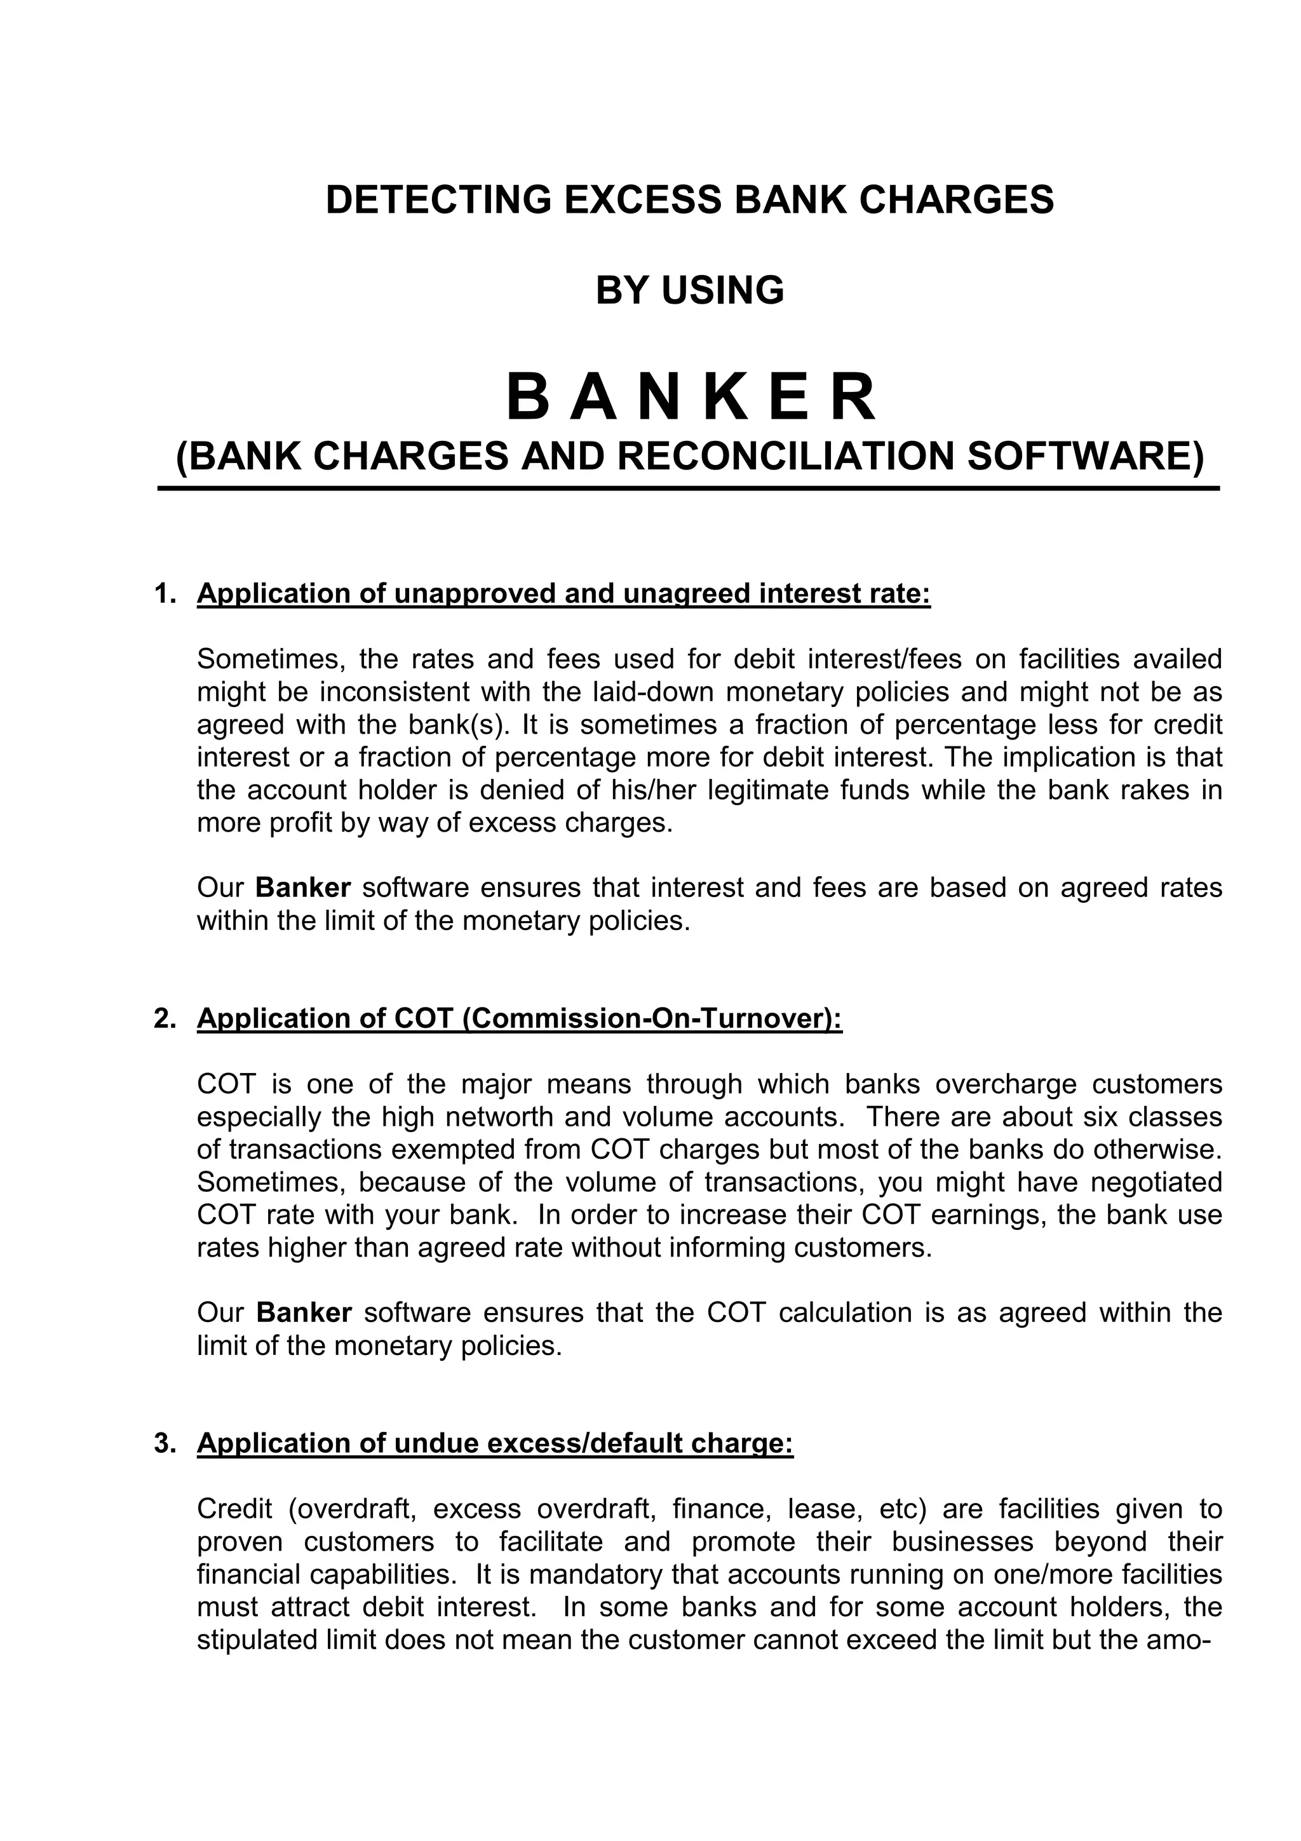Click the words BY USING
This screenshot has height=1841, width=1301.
click(x=689, y=290)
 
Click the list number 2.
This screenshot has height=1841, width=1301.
click(x=165, y=1018)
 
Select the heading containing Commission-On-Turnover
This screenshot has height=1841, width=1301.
click(x=520, y=1018)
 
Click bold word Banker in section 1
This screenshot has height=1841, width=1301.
click(x=303, y=889)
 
